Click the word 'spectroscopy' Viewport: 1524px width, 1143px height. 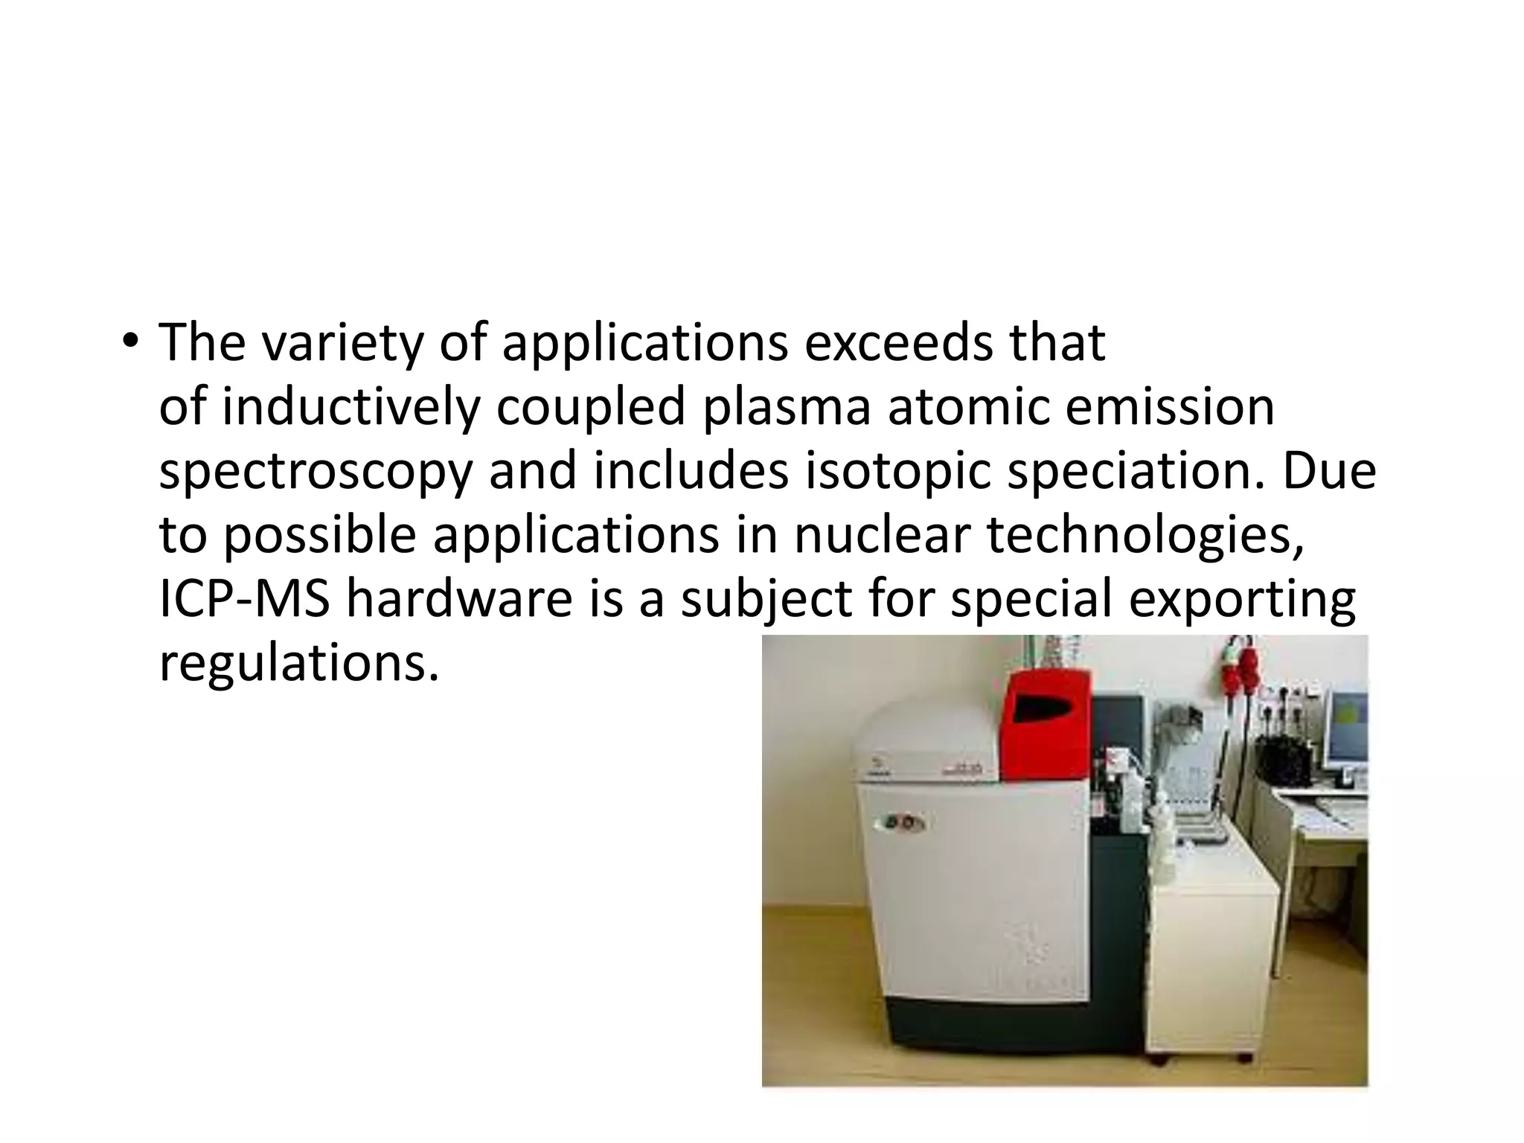click(316, 473)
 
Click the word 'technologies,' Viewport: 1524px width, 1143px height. click(1146, 537)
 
